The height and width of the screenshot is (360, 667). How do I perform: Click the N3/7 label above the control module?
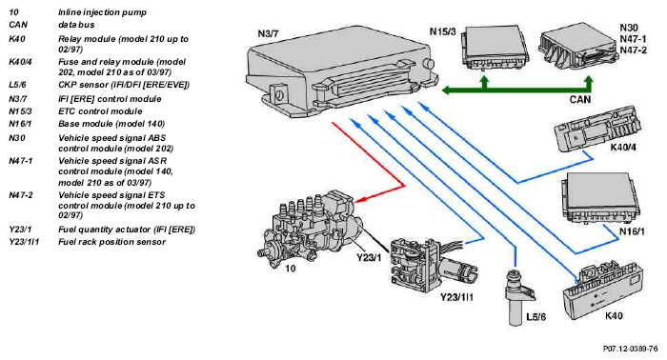coord(269,33)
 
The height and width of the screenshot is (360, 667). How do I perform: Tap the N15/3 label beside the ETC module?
coord(442,31)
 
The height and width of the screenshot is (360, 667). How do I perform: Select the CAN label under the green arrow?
coord(579,99)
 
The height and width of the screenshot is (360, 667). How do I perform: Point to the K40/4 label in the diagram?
coord(623,148)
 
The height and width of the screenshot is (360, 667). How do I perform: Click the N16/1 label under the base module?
coord(632,231)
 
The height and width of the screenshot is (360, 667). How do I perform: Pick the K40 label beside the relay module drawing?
coord(614,316)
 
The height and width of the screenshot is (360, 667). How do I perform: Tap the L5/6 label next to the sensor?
coord(536,317)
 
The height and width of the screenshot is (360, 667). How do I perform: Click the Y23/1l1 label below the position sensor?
coord(456,297)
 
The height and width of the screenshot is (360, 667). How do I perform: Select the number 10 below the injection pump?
coord(290,269)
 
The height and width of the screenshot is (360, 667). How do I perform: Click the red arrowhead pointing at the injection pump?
coord(360,200)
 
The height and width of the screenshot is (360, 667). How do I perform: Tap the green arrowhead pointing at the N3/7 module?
coord(447,90)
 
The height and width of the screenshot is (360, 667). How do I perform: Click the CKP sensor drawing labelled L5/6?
coord(517,297)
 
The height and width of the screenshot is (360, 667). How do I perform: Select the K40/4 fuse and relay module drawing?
coord(597,130)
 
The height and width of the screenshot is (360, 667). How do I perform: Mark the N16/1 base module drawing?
coord(600,198)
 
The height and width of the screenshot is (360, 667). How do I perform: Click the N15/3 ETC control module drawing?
coord(495,48)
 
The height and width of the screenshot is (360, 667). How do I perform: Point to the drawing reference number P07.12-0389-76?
coord(631,349)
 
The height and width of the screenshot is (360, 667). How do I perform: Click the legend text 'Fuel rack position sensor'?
coord(111,242)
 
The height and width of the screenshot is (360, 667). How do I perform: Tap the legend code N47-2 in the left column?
coord(21,195)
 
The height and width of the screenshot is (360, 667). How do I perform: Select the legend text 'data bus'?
coord(76,25)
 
